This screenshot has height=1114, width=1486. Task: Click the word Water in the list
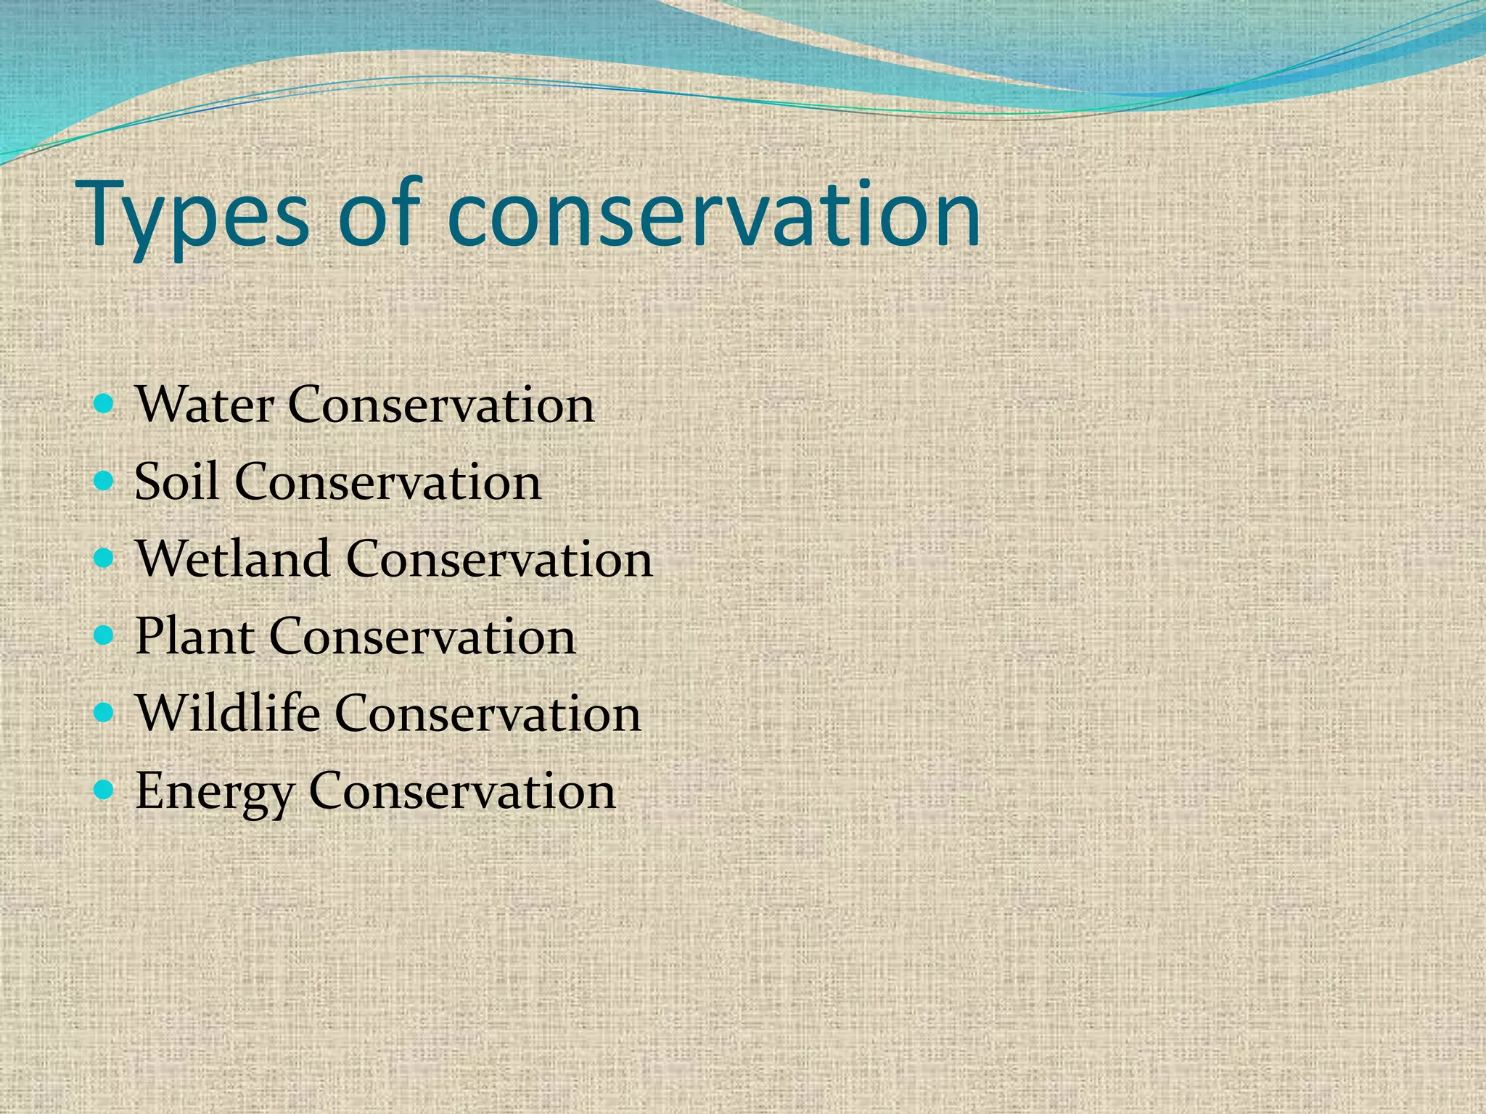click(205, 404)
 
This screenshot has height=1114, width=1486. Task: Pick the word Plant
click(194, 636)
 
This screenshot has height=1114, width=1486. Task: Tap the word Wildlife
click(228, 713)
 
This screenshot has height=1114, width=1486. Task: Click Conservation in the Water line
click(441, 404)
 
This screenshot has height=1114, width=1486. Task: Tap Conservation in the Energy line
click(462, 791)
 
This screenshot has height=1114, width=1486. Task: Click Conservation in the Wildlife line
click(488, 713)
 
